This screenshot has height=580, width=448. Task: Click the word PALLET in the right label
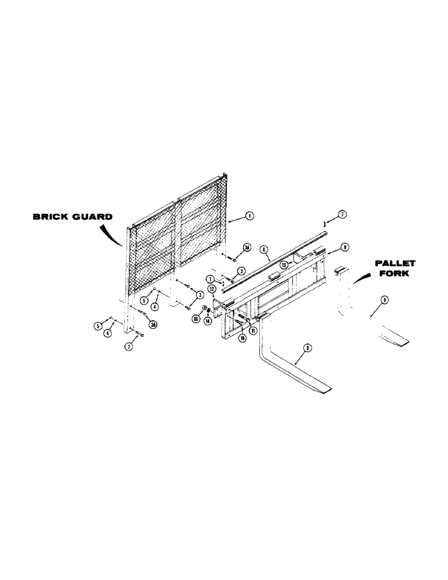coord(395,263)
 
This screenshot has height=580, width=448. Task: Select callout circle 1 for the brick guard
coord(249,216)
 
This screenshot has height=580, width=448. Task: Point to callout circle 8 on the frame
coord(345,246)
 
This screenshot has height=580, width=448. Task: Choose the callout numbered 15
coord(196,318)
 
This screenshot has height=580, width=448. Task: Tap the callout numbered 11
coord(253,331)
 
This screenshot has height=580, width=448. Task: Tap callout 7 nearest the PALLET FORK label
coord(342,215)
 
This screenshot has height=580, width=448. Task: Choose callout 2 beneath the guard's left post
coord(128,347)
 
